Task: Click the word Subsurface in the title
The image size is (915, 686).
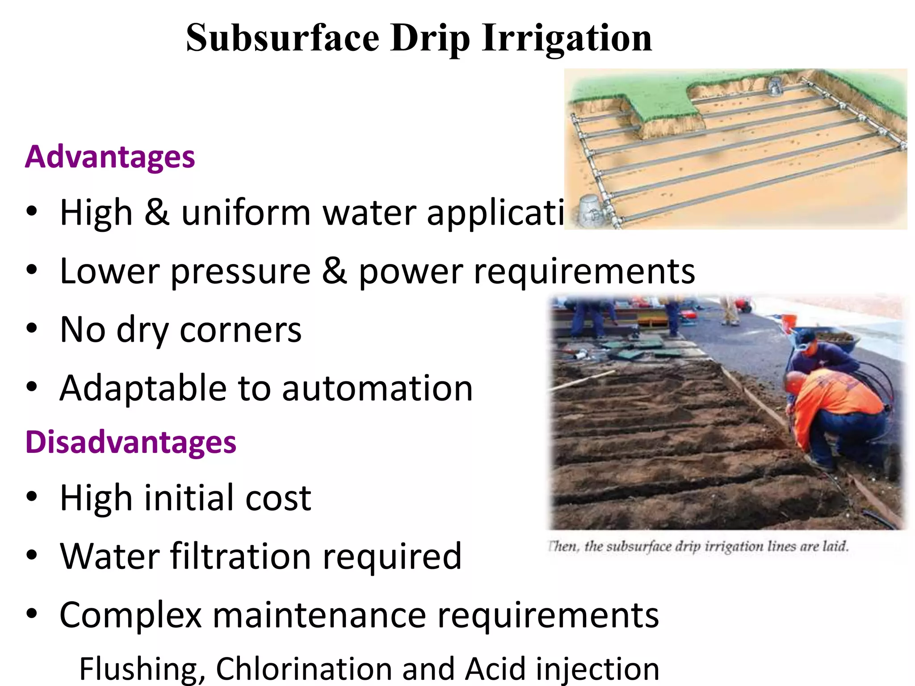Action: [x=282, y=38]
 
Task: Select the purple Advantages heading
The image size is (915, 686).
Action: [x=110, y=157]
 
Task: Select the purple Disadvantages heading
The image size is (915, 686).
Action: [x=130, y=442]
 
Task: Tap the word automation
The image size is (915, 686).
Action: [x=377, y=389]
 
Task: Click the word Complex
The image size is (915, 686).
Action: [x=130, y=615]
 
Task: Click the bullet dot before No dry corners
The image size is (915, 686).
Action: [x=32, y=329]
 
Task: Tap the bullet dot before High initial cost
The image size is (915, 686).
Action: [x=32, y=497]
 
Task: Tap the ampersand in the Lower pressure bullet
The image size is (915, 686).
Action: [x=334, y=271]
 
